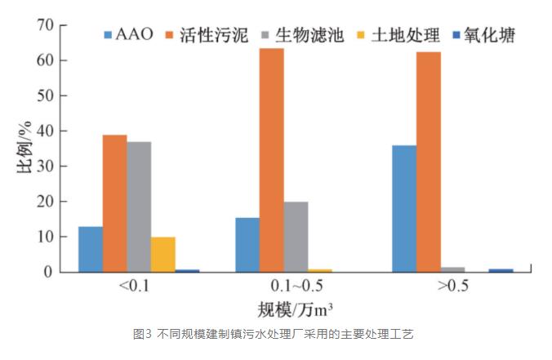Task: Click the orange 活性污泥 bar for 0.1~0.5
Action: click(x=272, y=160)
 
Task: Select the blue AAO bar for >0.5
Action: click(x=404, y=208)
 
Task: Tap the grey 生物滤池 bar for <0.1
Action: click(x=139, y=207)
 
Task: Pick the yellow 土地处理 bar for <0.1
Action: click(x=163, y=254)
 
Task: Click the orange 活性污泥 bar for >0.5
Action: click(x=429, y=162)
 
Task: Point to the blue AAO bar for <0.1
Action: click(x=91, y=249)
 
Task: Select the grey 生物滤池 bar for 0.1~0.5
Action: click(x=296, y=237)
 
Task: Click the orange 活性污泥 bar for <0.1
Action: click(x=114, y=203)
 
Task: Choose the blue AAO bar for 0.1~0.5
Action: click(x=247, y=244)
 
